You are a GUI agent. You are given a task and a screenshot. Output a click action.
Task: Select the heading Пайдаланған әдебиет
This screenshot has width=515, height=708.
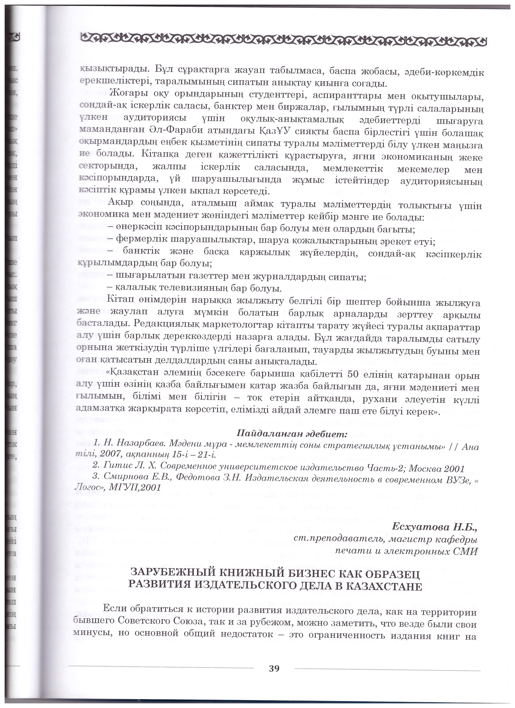[292, 434]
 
